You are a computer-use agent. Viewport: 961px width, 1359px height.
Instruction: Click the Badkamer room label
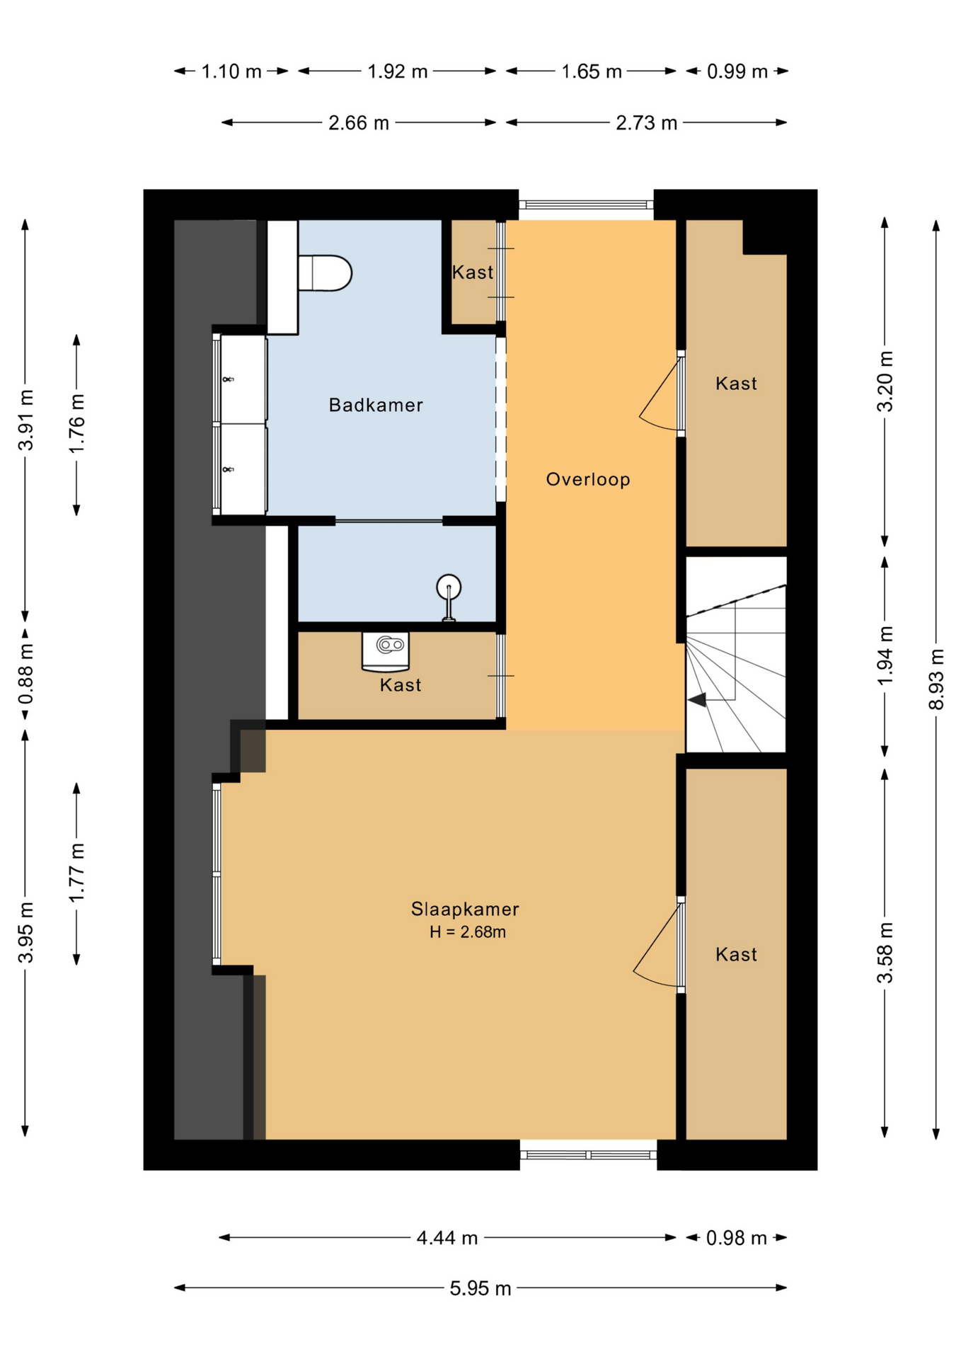pyautogui.click(x=376, y=405)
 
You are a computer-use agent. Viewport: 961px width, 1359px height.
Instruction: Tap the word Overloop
pyautogui.click(x=588, y=479)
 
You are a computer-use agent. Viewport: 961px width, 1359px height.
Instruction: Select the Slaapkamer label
pyautogui.click(x=465, y=909)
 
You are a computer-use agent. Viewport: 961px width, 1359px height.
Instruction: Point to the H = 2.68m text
pyautogui.click(x=468, y=932)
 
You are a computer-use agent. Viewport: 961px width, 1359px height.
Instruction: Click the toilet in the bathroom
pyautogui.click(x=325, y=273)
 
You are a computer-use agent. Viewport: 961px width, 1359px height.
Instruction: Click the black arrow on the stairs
pyautogui.click(x=698, y=700)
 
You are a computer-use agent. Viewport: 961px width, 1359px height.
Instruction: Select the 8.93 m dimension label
pyautogui.click(x=936, y=679)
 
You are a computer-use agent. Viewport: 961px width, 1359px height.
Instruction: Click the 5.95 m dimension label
pyautogui.click(x=480, y=1288)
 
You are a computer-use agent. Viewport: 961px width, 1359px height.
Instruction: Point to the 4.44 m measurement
pyautogui.click(x=447, y=1238)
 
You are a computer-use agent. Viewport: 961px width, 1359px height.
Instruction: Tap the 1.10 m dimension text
pyautogui.click(x=231, y=71)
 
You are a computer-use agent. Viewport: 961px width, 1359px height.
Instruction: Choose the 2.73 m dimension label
pyautogui.click(x=647, y=123)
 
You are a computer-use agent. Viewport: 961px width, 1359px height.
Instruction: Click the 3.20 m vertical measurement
pyautogui.click(x=885, y=381)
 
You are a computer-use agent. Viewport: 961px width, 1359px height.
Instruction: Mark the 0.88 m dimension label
pyautogui.click(x=25, y=675)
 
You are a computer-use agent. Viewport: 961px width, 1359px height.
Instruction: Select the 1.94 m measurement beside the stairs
pyautogui.click(x=885, y=655)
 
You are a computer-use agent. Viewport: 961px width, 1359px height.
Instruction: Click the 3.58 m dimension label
pyautogui.click(x=885, y=953)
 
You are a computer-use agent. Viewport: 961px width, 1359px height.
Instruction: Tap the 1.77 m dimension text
pyautogui.click(x=76, y=873)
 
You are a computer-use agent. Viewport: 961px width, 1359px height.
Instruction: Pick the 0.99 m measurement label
pyautogui.click(x=737, y=71)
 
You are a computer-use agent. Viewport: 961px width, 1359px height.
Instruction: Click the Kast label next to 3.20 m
pyautogui.click(x=736, y=384)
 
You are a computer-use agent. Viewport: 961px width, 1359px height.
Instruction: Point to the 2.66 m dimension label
pyautogui.click(x=359, y=123)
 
